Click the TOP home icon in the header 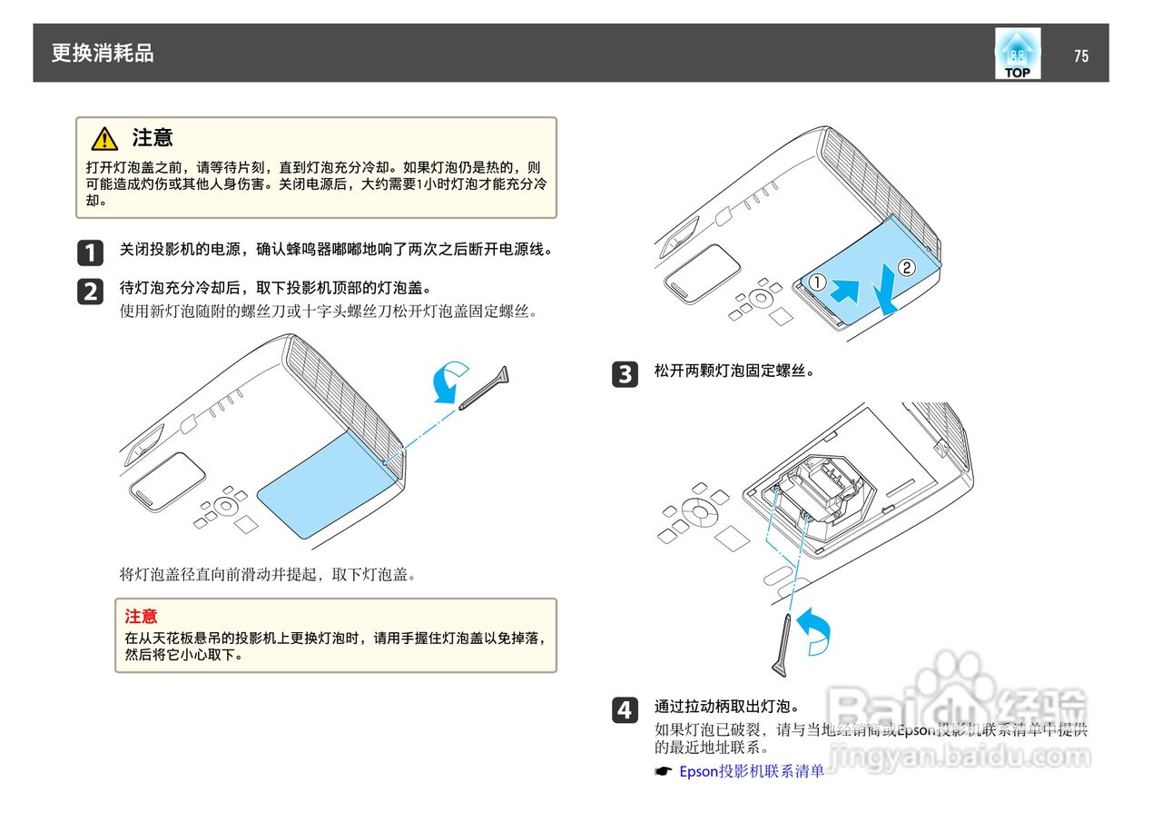tap(1017, 54)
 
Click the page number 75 tap(1080, 56)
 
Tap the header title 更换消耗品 tap(103, 54)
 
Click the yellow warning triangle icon tap(104, 139)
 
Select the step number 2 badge tap(90, 291)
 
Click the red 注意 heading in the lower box tap(141, 616)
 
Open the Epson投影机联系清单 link tap(752, 771)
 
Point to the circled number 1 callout tap(817, 282)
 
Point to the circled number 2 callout tap(906, 267)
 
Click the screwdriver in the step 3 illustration tap(782, 644)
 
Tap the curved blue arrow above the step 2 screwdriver tap(449, 381)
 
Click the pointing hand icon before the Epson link tap(664, 771)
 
